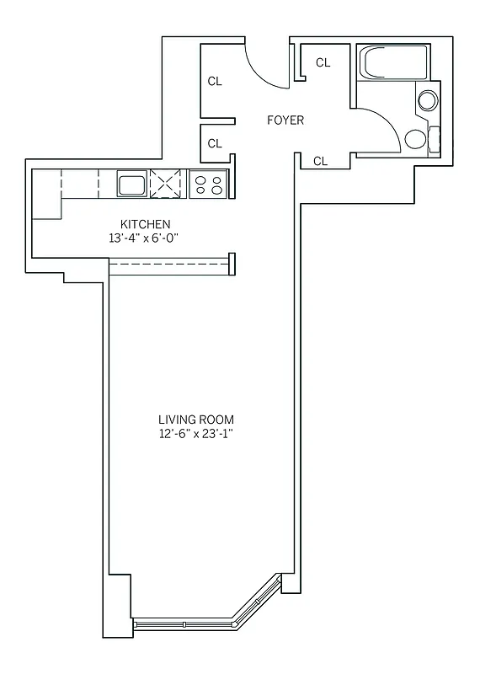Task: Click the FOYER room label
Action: point(285,120)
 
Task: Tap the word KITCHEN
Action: point(146,225)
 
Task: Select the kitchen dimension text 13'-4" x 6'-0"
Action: point(146,238)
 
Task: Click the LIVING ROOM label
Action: point(196,420)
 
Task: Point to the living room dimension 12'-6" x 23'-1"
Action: point(196,434)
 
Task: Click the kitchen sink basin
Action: point(131,184)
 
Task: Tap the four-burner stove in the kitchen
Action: point(207,184)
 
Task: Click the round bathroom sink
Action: point(428,101)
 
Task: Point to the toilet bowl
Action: point(415,139)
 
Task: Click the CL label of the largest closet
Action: point(215,82)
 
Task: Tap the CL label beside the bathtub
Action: point(323,62)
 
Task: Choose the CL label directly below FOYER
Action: point(320,161)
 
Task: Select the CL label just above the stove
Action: point(215,143)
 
